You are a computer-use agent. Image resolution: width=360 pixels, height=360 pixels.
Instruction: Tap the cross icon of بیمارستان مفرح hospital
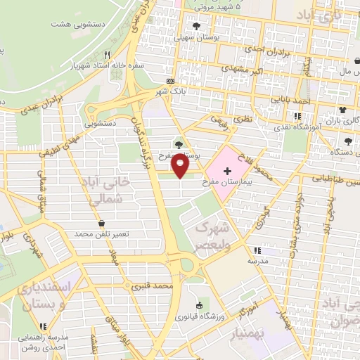point(226,171)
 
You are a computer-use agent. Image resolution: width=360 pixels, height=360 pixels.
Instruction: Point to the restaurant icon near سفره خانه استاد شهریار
point(106,54)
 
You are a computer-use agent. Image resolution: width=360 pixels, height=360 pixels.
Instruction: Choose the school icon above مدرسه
point(257,250)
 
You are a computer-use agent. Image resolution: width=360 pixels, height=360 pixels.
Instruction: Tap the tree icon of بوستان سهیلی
point(195,26)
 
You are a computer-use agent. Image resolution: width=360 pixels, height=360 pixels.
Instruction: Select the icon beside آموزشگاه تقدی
point(298,116)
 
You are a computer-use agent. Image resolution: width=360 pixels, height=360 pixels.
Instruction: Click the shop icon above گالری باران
point(342,110)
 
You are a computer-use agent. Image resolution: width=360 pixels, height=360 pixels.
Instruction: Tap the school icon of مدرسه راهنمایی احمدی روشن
point(44,326)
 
